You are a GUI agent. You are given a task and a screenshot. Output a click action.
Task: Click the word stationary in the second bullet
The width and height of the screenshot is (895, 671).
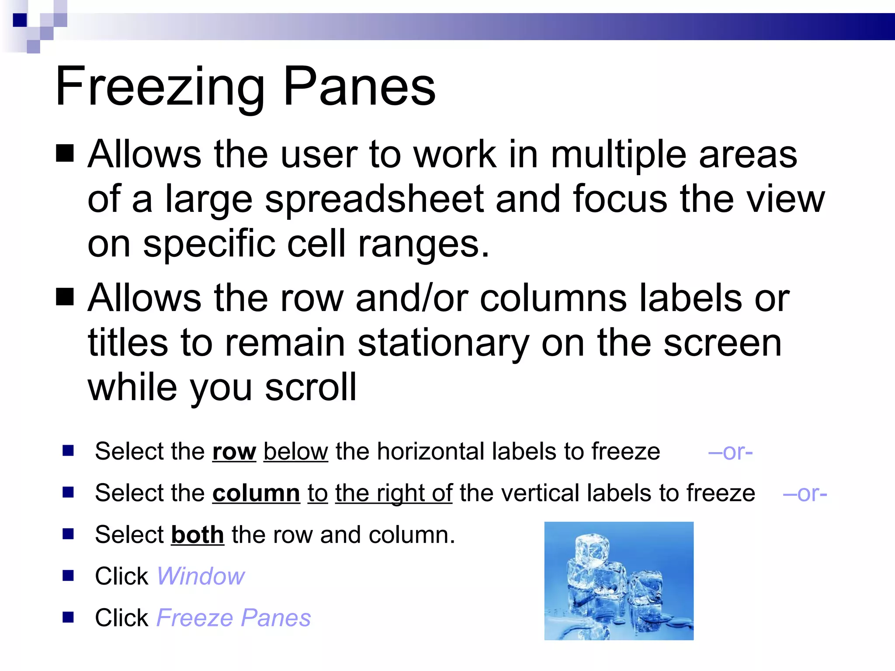(x=443, y=343)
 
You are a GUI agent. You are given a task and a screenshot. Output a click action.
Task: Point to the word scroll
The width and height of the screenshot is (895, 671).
(x=311, y=387)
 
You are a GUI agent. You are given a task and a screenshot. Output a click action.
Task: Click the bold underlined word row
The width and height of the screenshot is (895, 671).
(x=234, y=452)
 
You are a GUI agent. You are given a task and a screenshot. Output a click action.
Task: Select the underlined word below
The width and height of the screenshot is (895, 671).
(x=295, y=452)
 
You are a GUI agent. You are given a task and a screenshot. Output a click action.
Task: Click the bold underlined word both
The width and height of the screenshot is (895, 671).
(x=198, y=535)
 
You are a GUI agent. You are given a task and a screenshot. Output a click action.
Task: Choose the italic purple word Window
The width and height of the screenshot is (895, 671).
(x=201, y=577)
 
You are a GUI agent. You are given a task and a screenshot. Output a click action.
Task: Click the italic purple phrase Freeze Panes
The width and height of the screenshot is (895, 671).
(x=233, y=618)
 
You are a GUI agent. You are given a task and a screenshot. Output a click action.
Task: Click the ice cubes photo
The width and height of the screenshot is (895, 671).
(x=618, y=581)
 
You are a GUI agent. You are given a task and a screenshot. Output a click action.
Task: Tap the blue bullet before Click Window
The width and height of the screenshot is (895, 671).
(x=68, y=576)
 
